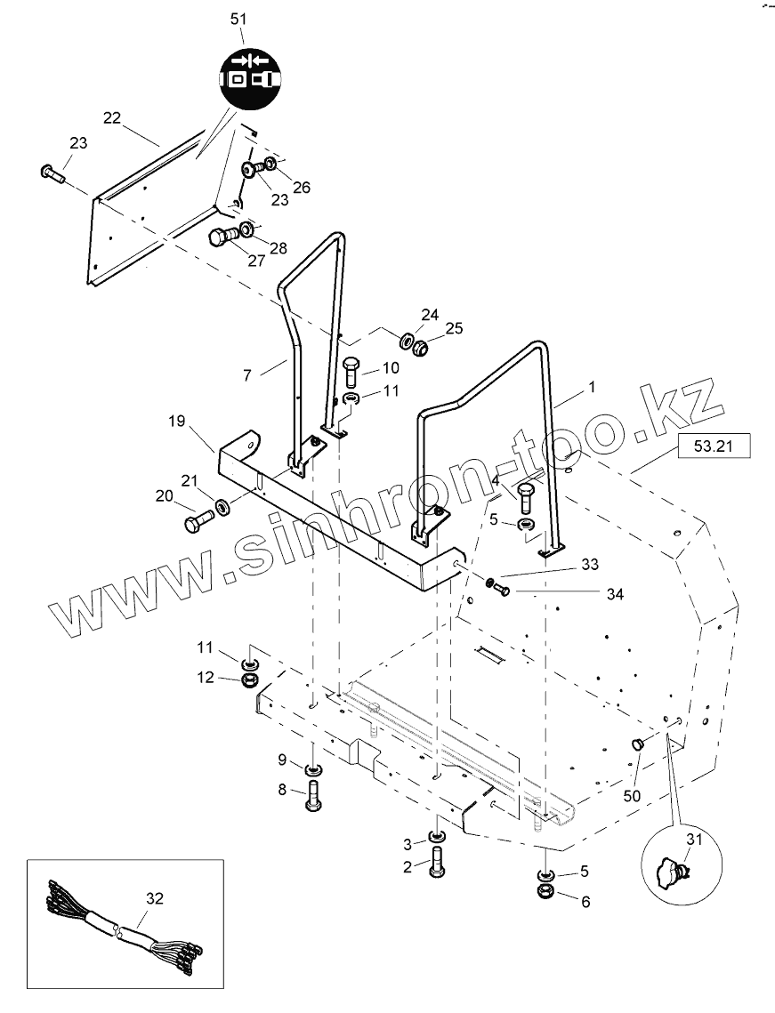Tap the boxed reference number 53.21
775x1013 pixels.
coord(714,446)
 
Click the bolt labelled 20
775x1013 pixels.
coord(198,520)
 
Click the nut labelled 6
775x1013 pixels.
coord(545,891)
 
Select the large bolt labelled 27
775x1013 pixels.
coord(222,237)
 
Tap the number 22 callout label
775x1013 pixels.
coord(111,117)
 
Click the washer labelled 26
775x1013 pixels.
coord(270,165)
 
